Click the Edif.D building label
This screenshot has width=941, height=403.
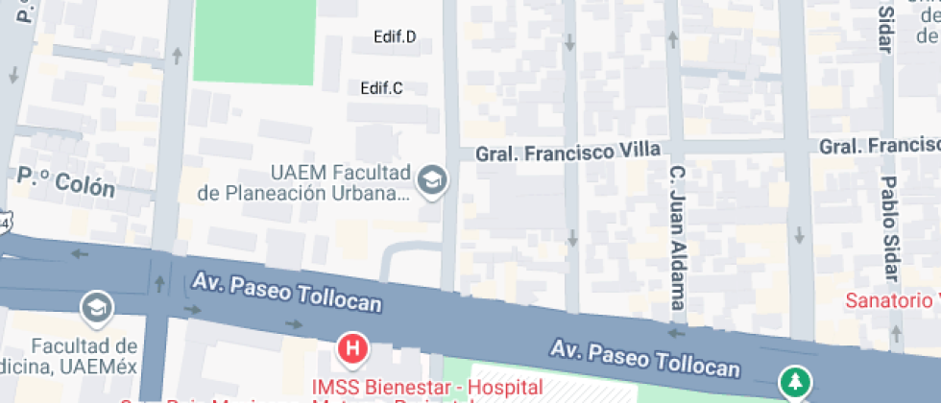pos(395,37)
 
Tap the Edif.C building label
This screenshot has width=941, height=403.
pos(381,88)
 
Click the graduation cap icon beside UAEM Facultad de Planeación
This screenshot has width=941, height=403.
pos(433,180)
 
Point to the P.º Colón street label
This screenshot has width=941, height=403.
pos(66,181)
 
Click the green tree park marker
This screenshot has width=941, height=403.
pos(794,382)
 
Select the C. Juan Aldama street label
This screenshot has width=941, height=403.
pos(679,237)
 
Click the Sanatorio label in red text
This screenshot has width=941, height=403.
pos(891,300)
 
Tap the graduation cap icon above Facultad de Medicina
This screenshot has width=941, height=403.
pos(98,307)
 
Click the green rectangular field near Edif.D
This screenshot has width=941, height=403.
pos(253,40)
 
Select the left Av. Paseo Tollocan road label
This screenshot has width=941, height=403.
pos(287,293)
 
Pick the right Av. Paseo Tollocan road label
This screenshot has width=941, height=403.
pos(645,357)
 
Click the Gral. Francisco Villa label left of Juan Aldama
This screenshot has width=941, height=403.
pos(568,151)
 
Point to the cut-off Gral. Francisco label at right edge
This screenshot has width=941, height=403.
pos(879,145)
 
